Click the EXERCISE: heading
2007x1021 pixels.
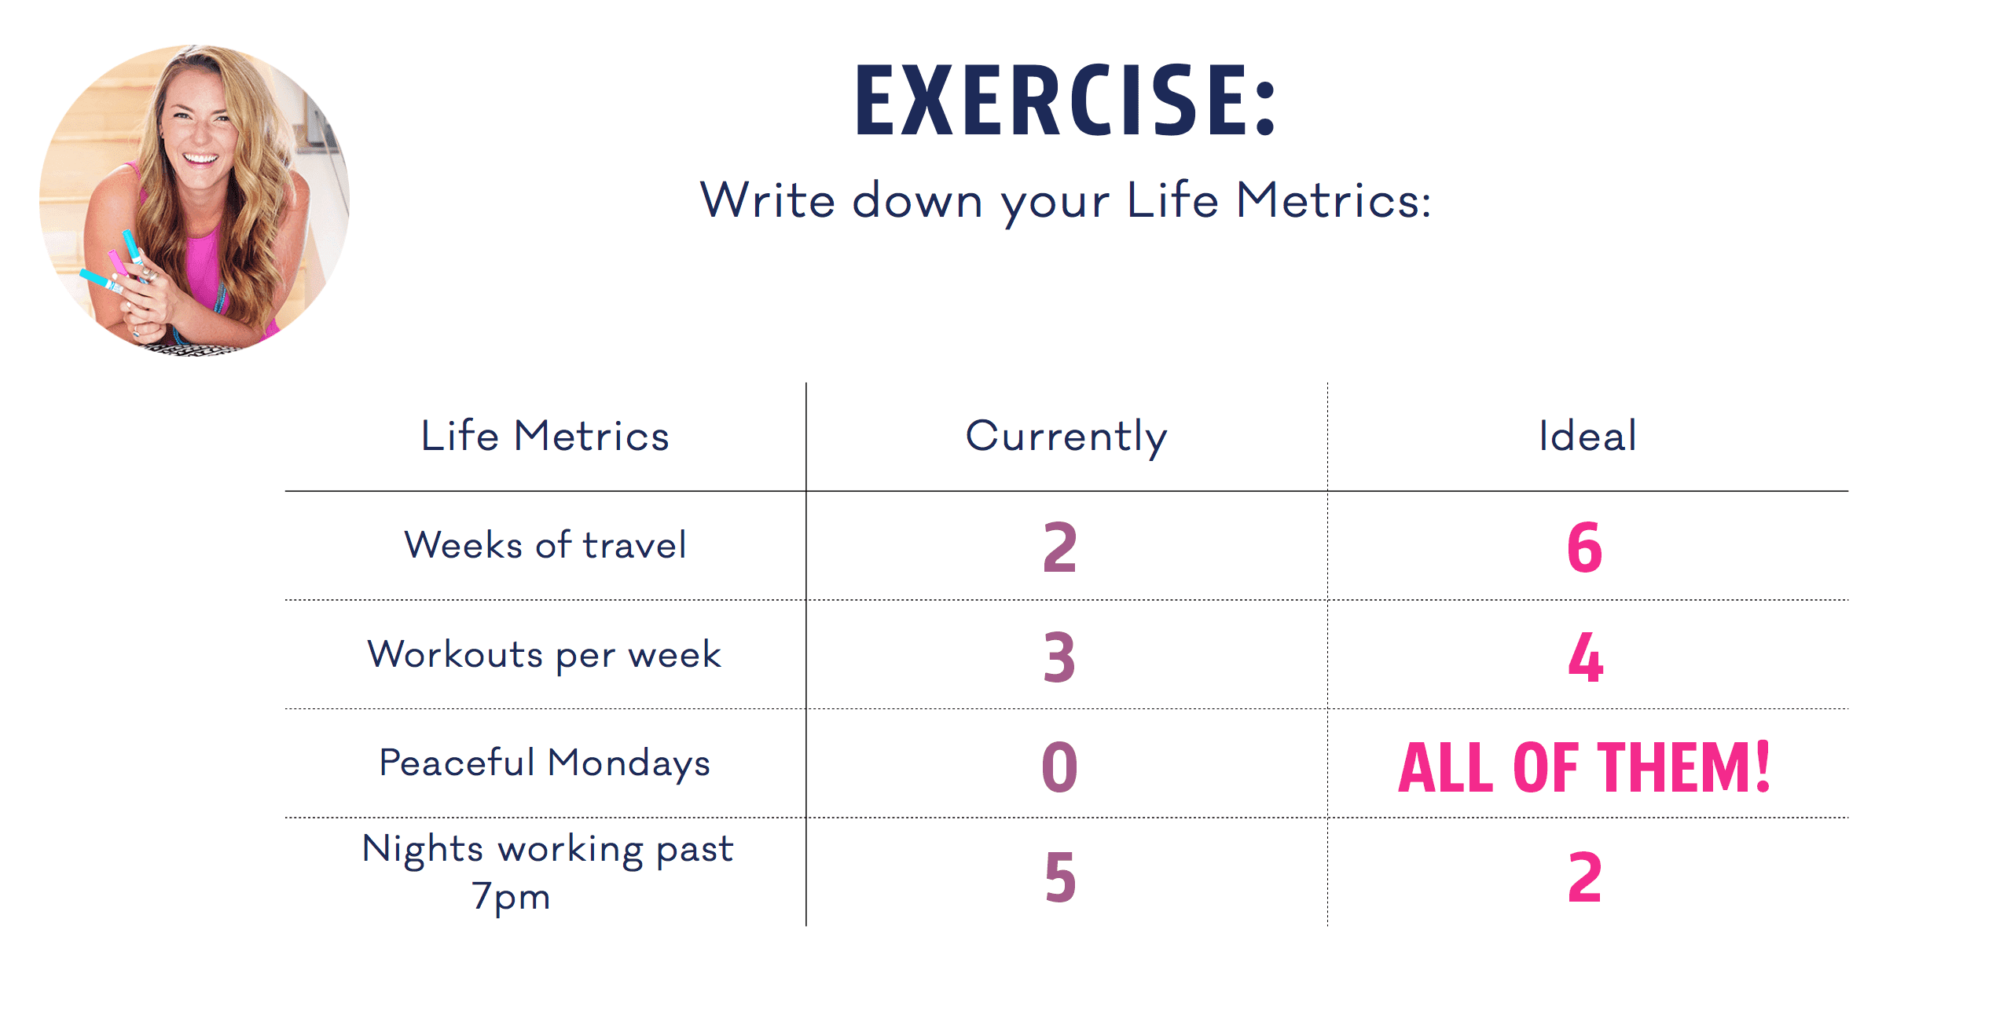pyautogui.click(x=1065, y=101)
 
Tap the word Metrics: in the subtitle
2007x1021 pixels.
pyautogui.click(x=1333, y=200)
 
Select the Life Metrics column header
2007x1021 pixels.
pyautogui.click(x=545, y=436)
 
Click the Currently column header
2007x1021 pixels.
pyautogui.click(x=1066, y=437)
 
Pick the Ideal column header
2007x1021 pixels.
pyautogui.click(x=1587, y=436)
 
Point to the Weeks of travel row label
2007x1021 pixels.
pyautogui.click(x=545, y=545)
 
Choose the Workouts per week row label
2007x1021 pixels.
pyautogui.click(x=544, y=655)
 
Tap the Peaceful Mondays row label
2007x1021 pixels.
pyautogui.click(x=544, y=763)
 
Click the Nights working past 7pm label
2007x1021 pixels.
pyautogui.click(x=547, y=872)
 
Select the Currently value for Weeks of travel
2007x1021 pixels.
pyautogui.click(x=1059, y=547)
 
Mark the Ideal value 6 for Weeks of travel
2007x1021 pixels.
pyautogui.click(x=1584, y=547)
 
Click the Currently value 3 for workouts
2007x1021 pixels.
pyautogui.click(x=1059, y=657)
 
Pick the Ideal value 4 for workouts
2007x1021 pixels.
pyautogui.click(x=1585, y=657)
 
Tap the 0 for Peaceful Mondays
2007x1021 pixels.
pyautogui.click(x=1059, y=767)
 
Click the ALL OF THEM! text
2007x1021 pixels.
pyautogui.click(x=1584, y=767)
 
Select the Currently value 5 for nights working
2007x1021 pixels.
pyautogui.click(x=1060, y=876)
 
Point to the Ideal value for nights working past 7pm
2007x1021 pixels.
pyautogui.click(x=1584, y=876)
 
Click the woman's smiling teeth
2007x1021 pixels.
pyautogui.click(x=200, y=158)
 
